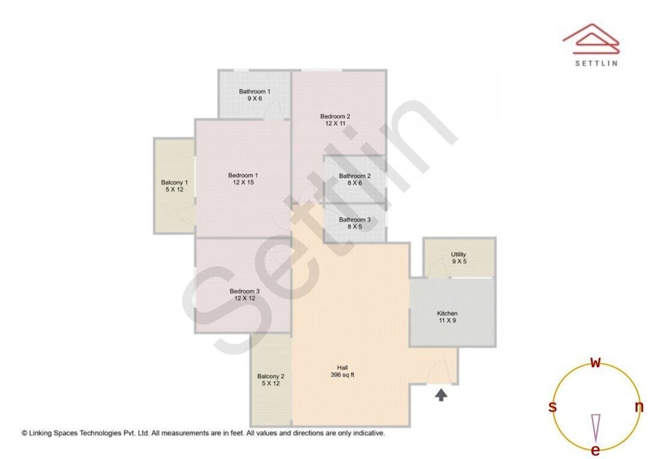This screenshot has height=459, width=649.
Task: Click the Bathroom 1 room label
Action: (255, 91)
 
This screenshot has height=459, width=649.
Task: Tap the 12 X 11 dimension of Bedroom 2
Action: (335, 123)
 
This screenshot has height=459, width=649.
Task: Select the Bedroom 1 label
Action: (243, 175)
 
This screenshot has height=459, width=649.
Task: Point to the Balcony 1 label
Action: (174, 183)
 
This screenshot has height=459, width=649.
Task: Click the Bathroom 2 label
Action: (355, 176)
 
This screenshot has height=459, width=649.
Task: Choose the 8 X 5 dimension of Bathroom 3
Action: (355, 227)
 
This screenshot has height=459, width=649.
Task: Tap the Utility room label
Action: (459, 255)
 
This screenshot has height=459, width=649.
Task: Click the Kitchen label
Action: (448, 314)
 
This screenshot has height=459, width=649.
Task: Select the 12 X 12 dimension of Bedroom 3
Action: (245, 299)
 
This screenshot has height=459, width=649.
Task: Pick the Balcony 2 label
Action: (270, 377)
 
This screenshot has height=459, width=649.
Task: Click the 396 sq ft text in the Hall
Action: (343, 375)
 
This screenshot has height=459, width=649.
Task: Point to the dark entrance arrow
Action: (441, 395)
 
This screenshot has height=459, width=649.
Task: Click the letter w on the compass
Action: (596, 362)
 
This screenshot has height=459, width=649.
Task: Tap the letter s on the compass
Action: (552, 407)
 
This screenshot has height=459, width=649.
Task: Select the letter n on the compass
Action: (639, 407)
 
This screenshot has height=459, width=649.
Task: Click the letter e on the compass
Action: (596, 450)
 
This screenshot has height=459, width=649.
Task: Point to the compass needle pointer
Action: (596, 428)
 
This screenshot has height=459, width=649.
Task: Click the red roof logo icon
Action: (591, 38)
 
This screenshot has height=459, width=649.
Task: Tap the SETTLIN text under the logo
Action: (597, 63)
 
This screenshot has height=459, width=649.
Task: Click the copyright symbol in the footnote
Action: (25, 433)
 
